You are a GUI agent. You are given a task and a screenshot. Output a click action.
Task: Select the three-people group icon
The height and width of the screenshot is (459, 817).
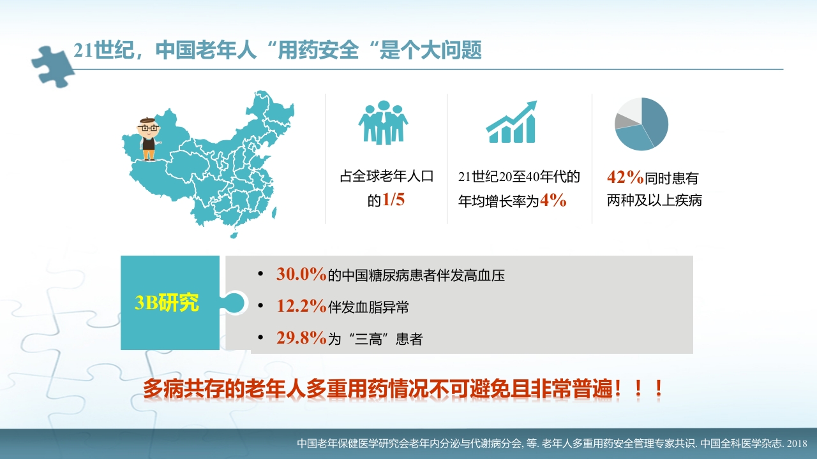383,122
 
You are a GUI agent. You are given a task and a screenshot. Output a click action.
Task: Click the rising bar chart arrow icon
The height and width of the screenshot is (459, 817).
511,122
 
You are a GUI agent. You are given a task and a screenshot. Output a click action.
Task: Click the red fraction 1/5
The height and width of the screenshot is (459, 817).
393,200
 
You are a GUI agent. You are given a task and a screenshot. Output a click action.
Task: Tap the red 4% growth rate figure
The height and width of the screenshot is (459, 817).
553,200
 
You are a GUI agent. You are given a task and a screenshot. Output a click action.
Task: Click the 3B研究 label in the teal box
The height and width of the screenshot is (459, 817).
167,303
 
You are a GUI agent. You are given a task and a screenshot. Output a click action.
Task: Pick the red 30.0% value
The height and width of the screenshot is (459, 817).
301,275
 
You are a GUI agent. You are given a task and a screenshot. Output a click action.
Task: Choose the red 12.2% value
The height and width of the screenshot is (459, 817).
301,307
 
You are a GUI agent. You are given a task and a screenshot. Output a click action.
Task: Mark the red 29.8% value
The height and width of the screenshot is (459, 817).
301,339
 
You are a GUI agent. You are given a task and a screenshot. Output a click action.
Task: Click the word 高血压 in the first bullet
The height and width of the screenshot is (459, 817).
484,276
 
